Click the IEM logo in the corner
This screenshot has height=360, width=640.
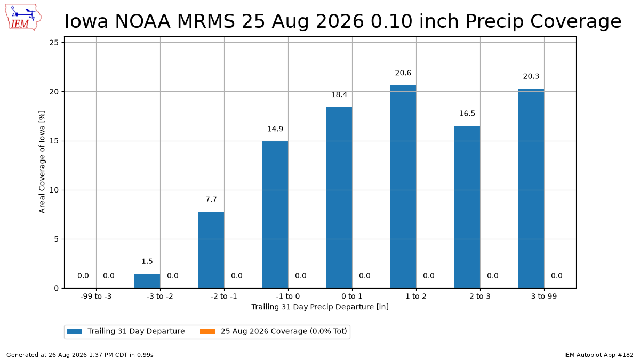(23, 17)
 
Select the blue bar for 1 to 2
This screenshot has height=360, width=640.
(403, 187)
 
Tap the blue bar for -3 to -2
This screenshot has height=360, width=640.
(147, 281)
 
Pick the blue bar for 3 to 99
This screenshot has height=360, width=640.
(531, 189)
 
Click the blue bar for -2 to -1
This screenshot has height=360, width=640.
(211, 250)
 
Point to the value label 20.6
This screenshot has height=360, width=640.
(403, 73)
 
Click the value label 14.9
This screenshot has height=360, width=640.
(275, 129)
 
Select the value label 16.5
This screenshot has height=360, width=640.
(467, 114)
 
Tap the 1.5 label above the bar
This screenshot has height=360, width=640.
(147, 261)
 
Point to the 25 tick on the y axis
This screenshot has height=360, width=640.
(54, 43)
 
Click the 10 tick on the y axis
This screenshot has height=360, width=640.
(54, 190)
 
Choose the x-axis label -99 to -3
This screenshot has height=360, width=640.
(96, 297)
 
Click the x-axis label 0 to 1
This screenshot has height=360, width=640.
(352, 297)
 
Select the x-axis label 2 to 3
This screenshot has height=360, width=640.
(480, 297)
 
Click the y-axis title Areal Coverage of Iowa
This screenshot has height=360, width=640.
(42, 162)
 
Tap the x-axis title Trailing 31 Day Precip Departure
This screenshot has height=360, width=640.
(320, 307)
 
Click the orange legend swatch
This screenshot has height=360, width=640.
(207, 331)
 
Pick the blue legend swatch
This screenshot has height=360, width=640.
(74, 331)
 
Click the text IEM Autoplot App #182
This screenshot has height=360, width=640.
(598, 355)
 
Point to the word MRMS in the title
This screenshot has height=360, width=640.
(206, 21)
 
